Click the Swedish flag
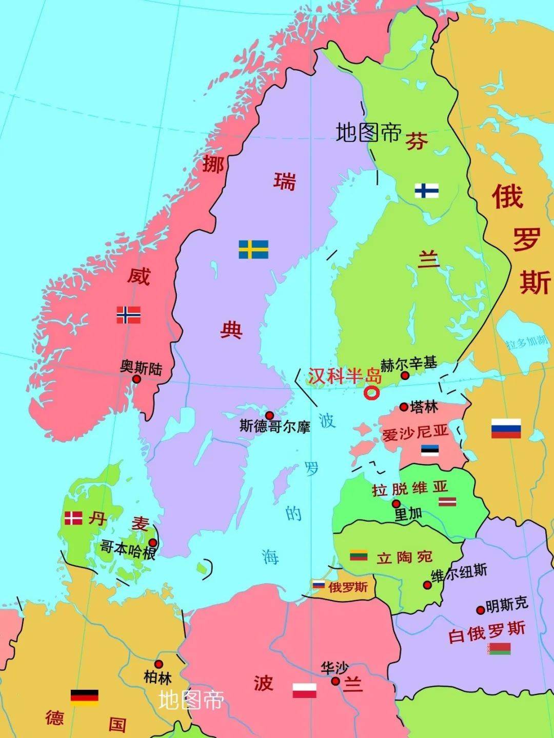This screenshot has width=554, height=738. (253, 249)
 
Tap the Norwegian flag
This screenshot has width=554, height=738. (128, 314)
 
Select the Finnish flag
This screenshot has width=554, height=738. (426, 191)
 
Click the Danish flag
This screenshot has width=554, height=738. (73, 518)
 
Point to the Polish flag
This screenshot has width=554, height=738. (305, 690)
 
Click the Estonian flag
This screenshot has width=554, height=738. (430, 450)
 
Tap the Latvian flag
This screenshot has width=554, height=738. (447, 501)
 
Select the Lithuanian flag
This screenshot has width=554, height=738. (359, 555)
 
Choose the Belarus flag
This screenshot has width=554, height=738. (499, 649)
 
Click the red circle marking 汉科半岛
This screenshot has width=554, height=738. (371, 393)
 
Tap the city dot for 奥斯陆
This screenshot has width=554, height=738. (136, 379)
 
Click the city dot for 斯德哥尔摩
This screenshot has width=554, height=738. (269, 415)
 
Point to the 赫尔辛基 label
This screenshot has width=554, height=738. (409, 364)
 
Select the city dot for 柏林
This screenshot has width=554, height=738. (159, 664)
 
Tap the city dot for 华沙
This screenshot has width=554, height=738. (335, 681)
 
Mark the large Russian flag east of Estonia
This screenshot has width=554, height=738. (506, 428)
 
